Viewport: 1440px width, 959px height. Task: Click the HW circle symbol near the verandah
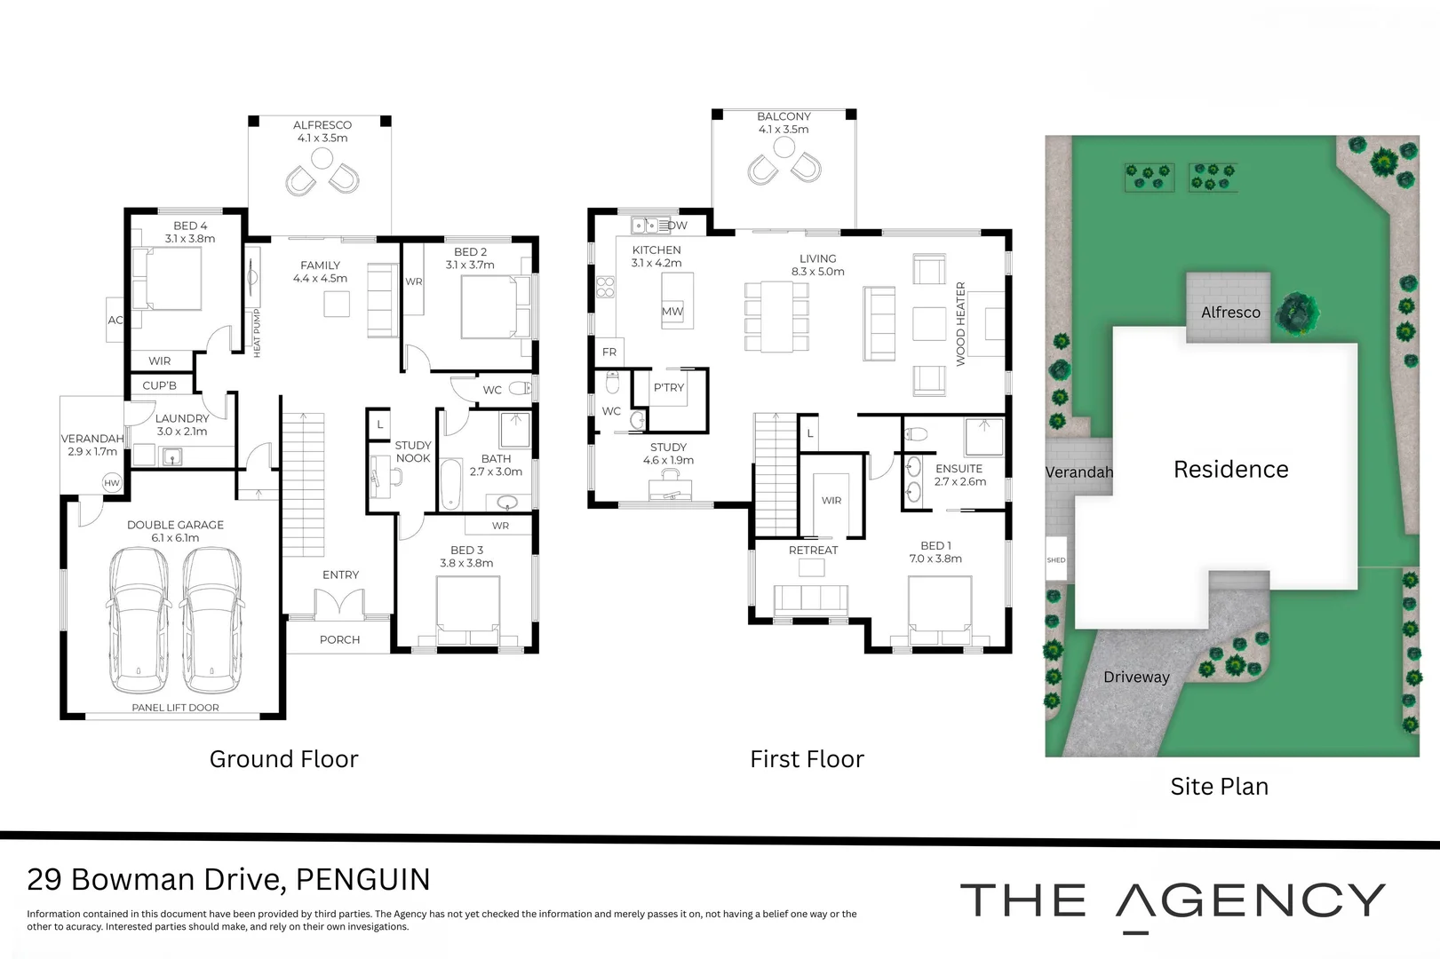pyautogui.click(x=112, y=483)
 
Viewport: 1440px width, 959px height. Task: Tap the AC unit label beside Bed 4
pyautogui.click(x=115, y=320)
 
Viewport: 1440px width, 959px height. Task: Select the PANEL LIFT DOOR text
pyautogui.click(x=176, y=708)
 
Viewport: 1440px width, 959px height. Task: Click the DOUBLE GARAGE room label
pyautogui.click(x=176, y=525)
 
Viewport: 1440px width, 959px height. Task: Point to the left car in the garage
pyautogui.click(x=139, y=621)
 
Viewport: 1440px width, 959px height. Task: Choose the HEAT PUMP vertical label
pyautogui.click(x=257, y=333)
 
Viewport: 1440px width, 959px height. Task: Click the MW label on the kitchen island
pyautogui.click(x=672, y=312)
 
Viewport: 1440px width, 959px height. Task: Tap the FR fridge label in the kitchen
pyautogui.click(x=609, y=353)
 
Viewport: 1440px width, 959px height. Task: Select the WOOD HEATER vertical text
pyautogui.click(x=961, y=324)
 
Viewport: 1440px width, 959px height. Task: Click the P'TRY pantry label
pyautogui.click(x=669, y=387)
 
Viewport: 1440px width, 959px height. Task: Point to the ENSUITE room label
pyautogui.click(x=959, y=469)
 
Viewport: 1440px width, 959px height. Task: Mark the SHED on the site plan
pyautogui.click(x=1056, y=559)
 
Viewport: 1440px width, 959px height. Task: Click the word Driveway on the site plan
pyautogui.click(x=1136, y=677)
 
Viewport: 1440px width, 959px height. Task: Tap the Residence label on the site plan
pyautogui.click(x=1231, y=469)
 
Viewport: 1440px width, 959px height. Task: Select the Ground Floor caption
pyautogui.click(x=283, y=759)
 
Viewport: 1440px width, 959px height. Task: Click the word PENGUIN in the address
pyautogui.click(x=362, y=879)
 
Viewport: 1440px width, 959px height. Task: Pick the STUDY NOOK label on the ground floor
pyautogui.click(x=413, y=451)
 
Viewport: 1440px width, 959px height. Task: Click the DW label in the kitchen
pyautogui.click(x=678, y=226)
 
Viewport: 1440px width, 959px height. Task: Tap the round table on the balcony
pyautogui.click(x=784, y=147)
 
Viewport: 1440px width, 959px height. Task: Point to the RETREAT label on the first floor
pyautogui.click(x=813, y=551)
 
